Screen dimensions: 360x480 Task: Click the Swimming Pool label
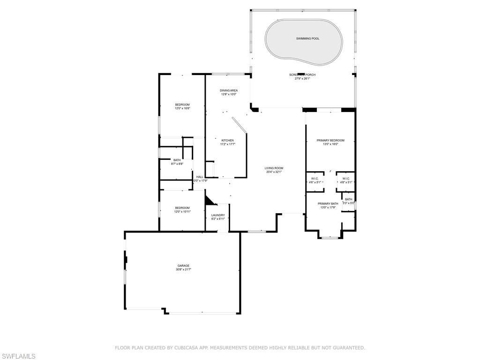(x=307, y=38)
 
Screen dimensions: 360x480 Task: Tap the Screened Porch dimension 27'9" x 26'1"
(x=302, y=79)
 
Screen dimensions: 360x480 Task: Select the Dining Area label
(x=229, y=90)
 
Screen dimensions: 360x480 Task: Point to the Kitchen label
(x=227, y=141)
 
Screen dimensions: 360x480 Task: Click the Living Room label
(x=274, y=168)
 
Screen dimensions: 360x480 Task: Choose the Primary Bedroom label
(x=330, y=141)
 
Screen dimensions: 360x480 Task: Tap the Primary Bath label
(x=328, y=203)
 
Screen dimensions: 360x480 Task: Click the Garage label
(x=183, y=266)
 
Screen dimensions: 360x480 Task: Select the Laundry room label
(x=218, y=215)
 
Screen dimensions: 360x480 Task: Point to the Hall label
(x=200, y=177)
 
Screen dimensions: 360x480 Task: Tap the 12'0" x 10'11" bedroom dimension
(x=182, y=212)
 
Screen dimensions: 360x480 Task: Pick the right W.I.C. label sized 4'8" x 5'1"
(x=345, y=182)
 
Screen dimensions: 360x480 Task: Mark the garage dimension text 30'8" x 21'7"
(x=183, y=270)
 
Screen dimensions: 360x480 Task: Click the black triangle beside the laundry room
(x=209, y=201)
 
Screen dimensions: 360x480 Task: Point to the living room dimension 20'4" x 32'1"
(x=274, y=172)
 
